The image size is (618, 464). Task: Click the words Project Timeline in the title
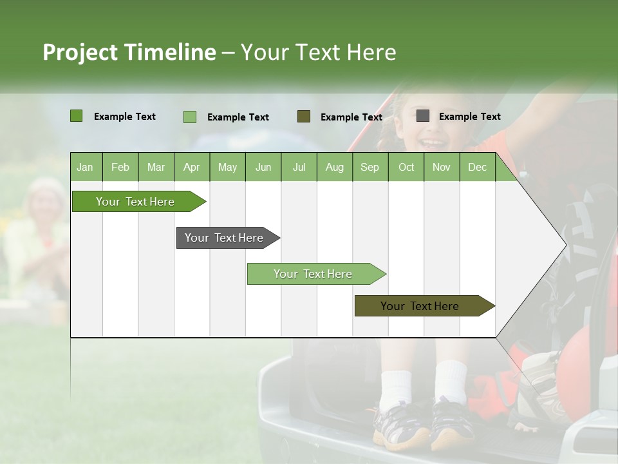pos(129,52)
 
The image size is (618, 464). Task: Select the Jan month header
pos(85,167)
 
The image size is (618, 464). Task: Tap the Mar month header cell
pos(156,167)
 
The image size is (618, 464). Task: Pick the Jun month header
pos(263,167)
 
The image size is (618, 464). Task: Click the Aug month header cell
pos(334,167)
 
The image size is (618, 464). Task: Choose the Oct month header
pos(406,167)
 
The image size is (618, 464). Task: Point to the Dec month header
pos(477,167)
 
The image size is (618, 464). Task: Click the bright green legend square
pos(77,116)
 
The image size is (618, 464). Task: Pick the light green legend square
pos(190,117)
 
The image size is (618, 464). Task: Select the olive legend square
pos(304,116)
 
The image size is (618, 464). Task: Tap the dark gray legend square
pos(423,116)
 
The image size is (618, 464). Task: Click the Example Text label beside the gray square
pos(469,117)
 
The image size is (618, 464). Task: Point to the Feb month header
pos(120,167)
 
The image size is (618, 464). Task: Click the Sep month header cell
pos(370,167)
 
